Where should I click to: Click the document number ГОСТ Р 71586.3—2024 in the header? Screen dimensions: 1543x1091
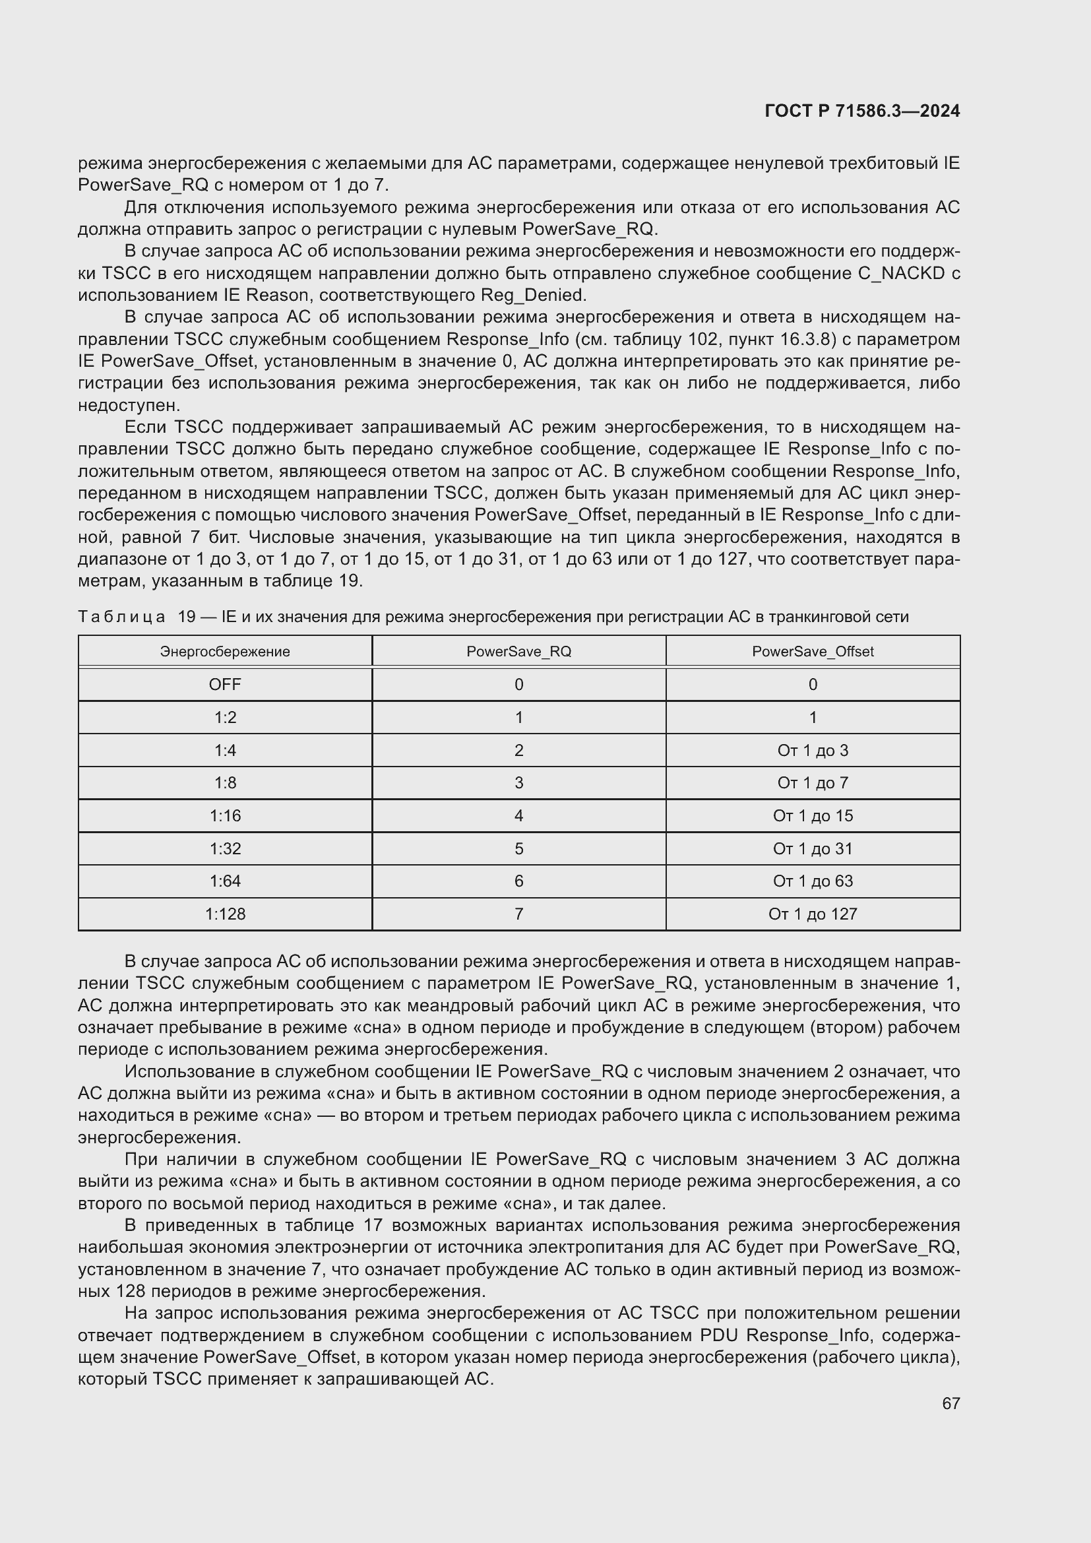pos(862,111)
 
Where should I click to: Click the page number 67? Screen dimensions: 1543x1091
pos(951,1403)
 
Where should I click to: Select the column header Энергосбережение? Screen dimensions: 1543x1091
pos(225,651)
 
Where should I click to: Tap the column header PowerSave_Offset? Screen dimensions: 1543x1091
pos(812,651)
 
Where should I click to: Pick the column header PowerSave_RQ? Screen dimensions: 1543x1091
pos(518,651)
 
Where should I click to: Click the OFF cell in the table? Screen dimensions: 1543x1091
pos(225,684)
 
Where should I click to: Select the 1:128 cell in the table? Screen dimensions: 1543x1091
pos(225,914)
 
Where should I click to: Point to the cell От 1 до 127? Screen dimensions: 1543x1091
pos(812,914)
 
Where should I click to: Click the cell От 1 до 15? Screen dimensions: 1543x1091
pos(812,815)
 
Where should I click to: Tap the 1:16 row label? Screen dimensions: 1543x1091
pos(225,815)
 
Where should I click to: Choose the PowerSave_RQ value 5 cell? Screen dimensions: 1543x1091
pos(518,848)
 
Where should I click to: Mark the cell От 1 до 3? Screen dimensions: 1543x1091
pos(812,750)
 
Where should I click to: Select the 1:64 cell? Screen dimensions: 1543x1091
pos(225,881)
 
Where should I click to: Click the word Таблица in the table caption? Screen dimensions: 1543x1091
pos(121,617)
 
